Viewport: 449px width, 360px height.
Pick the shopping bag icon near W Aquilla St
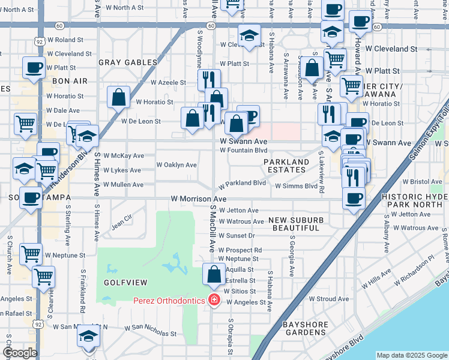click(x=214, y=274)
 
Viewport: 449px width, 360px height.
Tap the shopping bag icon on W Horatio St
click(x=119, y=98)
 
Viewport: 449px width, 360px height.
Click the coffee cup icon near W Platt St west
click(x=34, y=67)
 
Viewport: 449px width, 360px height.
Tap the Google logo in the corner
click(x=20, y=353)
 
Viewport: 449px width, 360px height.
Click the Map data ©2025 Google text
click(x=411, y=355)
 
